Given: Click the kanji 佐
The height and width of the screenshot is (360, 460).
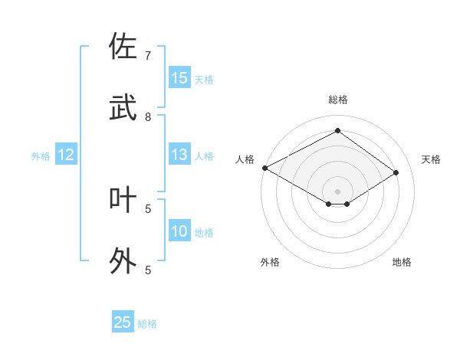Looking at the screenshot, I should [123, 47].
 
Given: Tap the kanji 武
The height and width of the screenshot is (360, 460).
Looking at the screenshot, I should [123, 108].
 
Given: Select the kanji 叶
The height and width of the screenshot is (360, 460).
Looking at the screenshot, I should [123, 200].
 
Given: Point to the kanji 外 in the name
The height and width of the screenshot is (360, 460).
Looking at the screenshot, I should [123, 261].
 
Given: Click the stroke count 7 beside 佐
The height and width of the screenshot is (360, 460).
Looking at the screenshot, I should [148, 56].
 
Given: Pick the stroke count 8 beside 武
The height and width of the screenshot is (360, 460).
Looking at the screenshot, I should [148, 117].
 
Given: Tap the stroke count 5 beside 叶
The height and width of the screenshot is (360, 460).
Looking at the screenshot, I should [148, 208].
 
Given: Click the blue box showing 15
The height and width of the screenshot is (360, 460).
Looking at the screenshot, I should [179, 78].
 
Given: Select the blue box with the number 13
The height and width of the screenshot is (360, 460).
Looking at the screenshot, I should [179, 155].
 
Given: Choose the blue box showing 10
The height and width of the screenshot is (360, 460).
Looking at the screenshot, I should [179, 231].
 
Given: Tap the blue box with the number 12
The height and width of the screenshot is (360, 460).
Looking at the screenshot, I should [66, 155].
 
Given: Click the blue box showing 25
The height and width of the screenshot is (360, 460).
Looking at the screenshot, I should [123, 322].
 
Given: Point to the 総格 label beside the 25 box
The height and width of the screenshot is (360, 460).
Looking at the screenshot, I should [147, 324].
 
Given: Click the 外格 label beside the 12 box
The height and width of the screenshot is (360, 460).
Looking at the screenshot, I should [41, 156].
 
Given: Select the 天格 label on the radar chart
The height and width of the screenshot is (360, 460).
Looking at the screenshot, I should [432, 159].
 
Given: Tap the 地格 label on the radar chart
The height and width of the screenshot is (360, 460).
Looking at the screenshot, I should [402, 262].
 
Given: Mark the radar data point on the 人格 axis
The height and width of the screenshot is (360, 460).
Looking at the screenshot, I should [264, 168].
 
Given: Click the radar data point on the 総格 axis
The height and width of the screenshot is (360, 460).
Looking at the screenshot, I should [337, 131].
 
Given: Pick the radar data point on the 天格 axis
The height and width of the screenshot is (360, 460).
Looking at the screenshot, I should [396, 173].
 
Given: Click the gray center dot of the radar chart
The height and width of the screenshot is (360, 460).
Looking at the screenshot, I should [337, 191].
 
